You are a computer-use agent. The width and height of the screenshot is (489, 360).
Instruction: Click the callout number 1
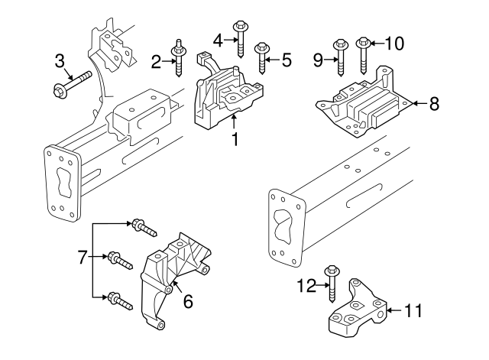235,140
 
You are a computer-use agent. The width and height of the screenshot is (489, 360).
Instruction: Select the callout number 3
60,60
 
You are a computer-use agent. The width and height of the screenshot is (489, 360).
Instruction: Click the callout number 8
433,103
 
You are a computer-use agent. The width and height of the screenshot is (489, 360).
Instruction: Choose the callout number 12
306,286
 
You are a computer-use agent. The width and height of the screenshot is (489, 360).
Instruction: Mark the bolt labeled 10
364,54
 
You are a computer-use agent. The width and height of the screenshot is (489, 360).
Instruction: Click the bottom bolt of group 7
119,298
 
